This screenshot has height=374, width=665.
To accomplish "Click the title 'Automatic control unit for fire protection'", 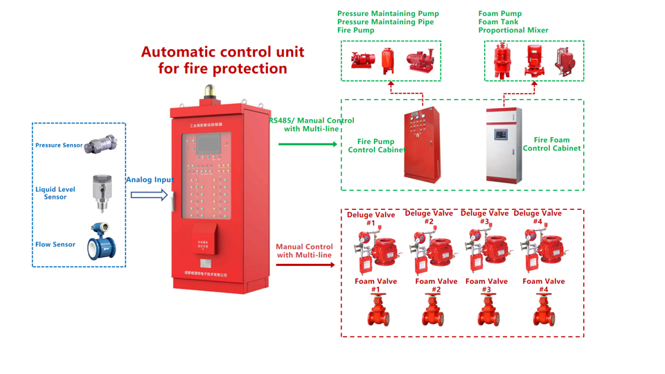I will [222, 60].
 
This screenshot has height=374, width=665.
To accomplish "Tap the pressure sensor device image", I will [101, 144].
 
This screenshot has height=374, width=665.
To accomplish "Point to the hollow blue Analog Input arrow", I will [150, 195].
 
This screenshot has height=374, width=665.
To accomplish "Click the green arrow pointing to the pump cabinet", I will [308, 144].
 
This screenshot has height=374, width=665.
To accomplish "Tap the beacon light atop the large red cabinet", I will [208, 91].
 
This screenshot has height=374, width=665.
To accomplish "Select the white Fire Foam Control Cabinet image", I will [504, 145].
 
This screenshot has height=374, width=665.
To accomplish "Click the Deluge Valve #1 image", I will [373, 250].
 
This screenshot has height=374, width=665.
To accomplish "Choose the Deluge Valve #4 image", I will [540, 248].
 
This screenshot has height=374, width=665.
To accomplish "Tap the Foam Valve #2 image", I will [433, 310].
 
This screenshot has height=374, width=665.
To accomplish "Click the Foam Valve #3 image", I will [488, 310].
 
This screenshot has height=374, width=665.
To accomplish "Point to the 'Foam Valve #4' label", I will [544, 285].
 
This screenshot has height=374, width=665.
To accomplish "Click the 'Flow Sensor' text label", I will [55, 244].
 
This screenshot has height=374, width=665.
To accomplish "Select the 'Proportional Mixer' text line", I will [513, 30].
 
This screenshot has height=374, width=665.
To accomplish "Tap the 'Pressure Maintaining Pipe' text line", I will [385, 22].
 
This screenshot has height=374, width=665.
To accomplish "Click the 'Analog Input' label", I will [150, 180].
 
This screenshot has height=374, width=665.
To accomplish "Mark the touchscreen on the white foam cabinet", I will [501, 135].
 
